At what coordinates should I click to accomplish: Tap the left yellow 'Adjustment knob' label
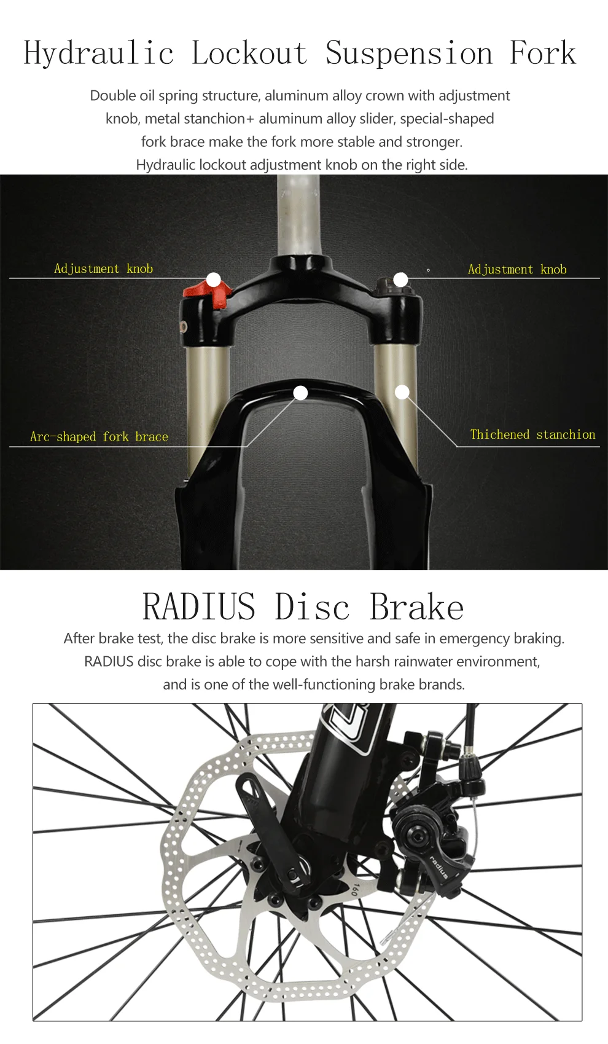point(103,269)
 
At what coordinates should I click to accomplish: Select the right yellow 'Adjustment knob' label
point(517,269)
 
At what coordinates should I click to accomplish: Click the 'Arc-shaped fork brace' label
point(99,437)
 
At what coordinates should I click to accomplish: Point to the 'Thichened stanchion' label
point(532,434)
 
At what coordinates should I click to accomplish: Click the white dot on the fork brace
point(300,393)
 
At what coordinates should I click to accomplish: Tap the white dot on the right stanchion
point(402,392)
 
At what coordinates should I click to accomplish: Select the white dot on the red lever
point(213,280)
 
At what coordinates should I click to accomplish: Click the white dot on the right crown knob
point(400,280)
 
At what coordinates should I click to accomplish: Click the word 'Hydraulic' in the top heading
point(98,53)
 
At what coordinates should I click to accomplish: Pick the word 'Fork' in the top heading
point(543,53)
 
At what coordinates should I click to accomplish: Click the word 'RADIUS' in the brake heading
point(198,607)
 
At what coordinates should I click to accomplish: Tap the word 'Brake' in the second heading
point(416,607)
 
